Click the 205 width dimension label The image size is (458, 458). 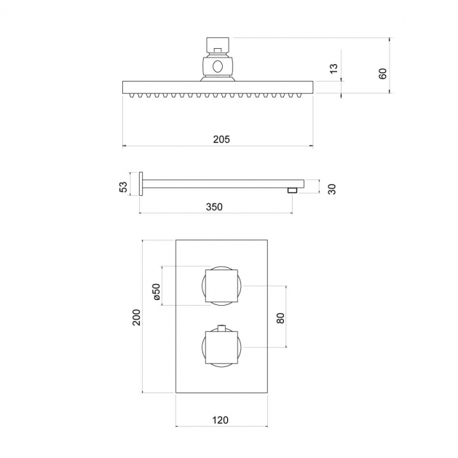click(221, 139)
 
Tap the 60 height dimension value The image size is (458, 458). click(382, 74)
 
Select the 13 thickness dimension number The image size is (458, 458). click(333, 68)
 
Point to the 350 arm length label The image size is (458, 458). click(214, 207)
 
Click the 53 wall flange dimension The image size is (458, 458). click(123, 187)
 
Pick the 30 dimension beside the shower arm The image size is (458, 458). click(332, 189)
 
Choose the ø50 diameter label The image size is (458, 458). click(157, 291)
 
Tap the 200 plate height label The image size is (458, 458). click(137, 317)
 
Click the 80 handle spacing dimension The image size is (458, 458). click(280, 318)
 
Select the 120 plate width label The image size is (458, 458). click(220, 420)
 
